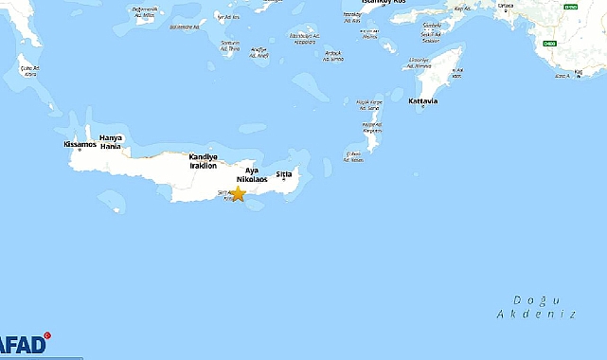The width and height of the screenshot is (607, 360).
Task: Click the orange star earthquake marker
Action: pyautogui.click(x=238, y=193)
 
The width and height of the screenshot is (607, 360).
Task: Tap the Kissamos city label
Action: pyautogui.click(x=80, y=145)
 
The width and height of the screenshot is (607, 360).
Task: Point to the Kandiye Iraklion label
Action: pyautogui.click(x=203, y=160)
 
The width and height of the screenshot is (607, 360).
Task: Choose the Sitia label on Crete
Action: pyautogui.click(x=284, y=174)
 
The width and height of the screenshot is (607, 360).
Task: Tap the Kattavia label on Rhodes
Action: pyautogui.click(x=422, y=101)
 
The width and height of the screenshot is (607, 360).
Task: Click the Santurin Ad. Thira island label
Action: pyautogui.click(x=229, y=45)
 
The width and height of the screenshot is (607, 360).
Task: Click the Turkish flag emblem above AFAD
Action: pyautogui.click(x=48, y=335)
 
